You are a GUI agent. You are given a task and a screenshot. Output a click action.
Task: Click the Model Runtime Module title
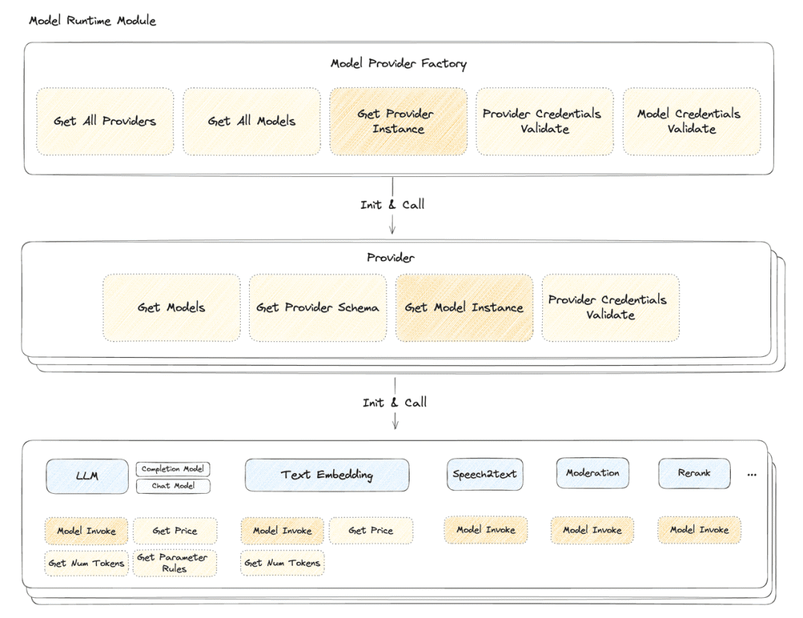(92, 20)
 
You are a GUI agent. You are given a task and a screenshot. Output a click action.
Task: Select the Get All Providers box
(105, 121)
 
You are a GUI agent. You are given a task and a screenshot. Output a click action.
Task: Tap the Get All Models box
(251, 121)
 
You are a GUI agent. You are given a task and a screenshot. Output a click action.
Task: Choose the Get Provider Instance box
(399, 121)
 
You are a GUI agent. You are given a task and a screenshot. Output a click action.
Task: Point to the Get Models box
(171, 308)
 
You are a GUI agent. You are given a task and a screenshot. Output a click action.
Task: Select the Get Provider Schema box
(317, 308)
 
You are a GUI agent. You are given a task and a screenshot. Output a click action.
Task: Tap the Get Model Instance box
(464, 308)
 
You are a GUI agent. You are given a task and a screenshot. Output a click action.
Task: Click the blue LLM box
(87, 474)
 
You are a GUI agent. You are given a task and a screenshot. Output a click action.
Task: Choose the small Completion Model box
(172, 469)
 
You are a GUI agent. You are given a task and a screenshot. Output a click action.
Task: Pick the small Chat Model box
(172, 486)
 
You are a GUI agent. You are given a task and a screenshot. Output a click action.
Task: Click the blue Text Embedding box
(326, 474)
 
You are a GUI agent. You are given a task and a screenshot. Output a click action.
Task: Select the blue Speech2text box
(485, 474)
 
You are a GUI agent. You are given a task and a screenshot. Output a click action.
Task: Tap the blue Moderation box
(593, 473)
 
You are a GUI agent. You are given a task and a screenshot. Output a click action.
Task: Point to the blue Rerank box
(694, 473)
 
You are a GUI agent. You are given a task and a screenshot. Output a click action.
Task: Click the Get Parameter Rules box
(175, 563)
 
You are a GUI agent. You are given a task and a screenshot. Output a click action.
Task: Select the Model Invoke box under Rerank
(699, 530)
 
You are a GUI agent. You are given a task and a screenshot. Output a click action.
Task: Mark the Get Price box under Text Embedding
(371, 531)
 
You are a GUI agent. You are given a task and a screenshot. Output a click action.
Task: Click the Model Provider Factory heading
(399, 64)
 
